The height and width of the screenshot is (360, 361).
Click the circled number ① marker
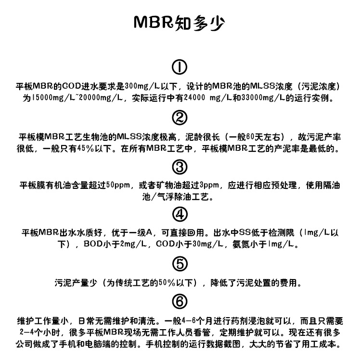180,67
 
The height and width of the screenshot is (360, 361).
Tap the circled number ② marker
180,118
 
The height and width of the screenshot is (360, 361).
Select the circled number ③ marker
180,167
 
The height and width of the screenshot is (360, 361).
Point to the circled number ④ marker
180,214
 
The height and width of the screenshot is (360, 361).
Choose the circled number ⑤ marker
180,264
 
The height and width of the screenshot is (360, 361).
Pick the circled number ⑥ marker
180,302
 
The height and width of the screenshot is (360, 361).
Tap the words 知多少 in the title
199,23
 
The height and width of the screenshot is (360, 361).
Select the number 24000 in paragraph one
194,98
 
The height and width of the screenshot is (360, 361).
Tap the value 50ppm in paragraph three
118,185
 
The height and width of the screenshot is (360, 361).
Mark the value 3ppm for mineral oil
209,185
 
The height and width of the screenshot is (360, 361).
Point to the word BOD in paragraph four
93,244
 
